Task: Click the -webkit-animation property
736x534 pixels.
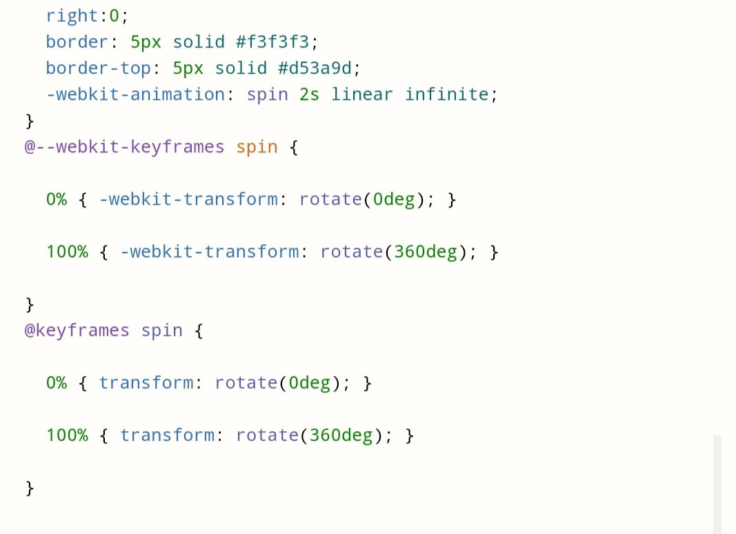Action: (x=135, y=95)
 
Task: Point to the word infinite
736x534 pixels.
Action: (x=447, y=95)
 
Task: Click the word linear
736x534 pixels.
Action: (x=362, y=95)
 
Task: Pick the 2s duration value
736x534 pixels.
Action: (x=310, y=95)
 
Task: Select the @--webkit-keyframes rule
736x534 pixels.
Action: (x=124, y=147)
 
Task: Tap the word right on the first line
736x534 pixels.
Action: (x=72, y=16)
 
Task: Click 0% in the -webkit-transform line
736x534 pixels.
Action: (x=57, y=199)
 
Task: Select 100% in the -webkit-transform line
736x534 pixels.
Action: (x=67, y=252)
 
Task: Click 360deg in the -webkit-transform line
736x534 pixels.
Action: (x=426, y=252)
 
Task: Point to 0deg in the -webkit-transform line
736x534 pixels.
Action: (x=394, y=199)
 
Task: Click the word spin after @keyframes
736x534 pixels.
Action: (x=162, y=330)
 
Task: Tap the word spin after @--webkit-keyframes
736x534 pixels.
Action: (x=257, y=147)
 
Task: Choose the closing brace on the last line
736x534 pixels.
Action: (x=30, y=488)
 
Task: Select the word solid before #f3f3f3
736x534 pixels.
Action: (x=199, y=42)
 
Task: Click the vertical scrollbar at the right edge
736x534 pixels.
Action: (x=717, y=483)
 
